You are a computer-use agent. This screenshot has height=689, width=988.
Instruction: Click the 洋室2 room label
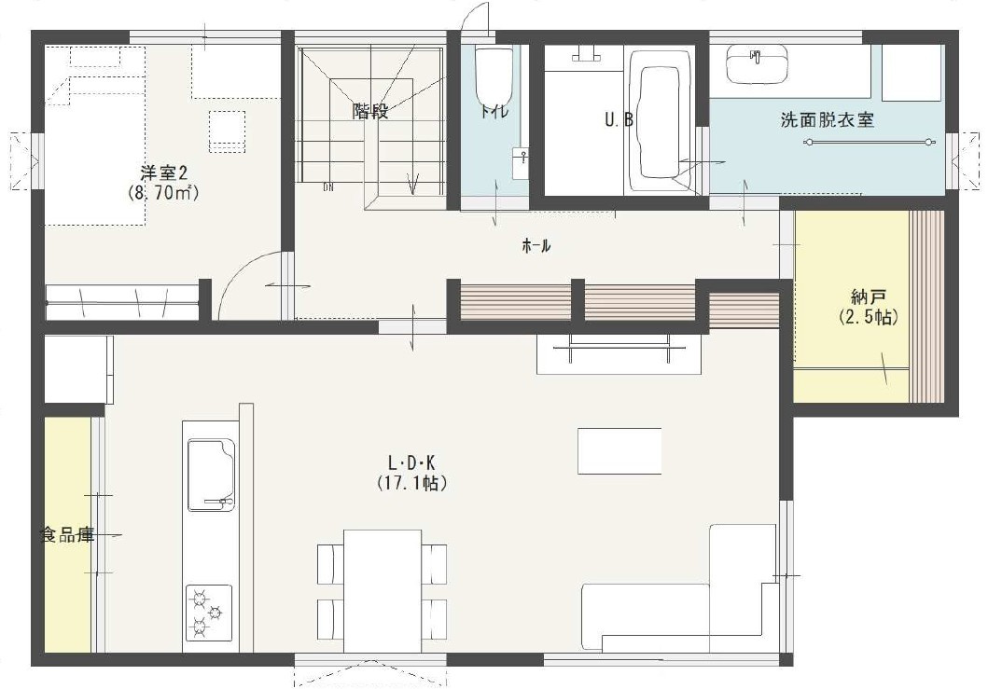pos(164,172)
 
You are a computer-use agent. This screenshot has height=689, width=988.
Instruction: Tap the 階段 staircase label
pos(369,112)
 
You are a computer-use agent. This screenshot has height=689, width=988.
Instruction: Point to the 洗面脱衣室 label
pos(827,120)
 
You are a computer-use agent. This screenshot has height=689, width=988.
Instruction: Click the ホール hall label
pos(536,246)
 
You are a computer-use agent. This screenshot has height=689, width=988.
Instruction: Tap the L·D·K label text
pos(412,462)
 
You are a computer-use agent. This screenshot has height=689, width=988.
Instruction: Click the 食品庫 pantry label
pos(67,535)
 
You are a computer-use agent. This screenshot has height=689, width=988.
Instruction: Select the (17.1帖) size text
pos(412,483)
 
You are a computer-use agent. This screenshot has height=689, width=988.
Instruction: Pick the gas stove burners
pos(208,612)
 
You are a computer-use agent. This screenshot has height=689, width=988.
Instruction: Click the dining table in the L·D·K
pos(383,589)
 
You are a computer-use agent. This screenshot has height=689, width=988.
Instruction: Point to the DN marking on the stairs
pos(328,187)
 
